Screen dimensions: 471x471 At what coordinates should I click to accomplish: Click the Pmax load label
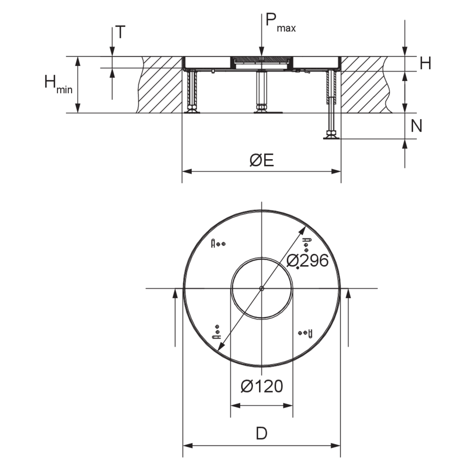(280, 22)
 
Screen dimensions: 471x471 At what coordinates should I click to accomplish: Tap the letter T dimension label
(120, 32)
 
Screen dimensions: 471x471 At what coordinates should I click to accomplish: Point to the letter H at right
(425, 63)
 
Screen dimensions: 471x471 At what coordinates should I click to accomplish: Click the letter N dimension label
(416, 126)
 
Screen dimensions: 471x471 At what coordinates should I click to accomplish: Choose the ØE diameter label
(262, 160)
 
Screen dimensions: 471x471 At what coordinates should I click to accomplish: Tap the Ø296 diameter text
(307, 260)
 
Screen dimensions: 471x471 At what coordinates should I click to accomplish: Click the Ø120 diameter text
(262, 386)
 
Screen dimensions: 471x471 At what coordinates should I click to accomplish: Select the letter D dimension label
(262, 433)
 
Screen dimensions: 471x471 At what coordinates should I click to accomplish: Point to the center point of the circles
(262, 288)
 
